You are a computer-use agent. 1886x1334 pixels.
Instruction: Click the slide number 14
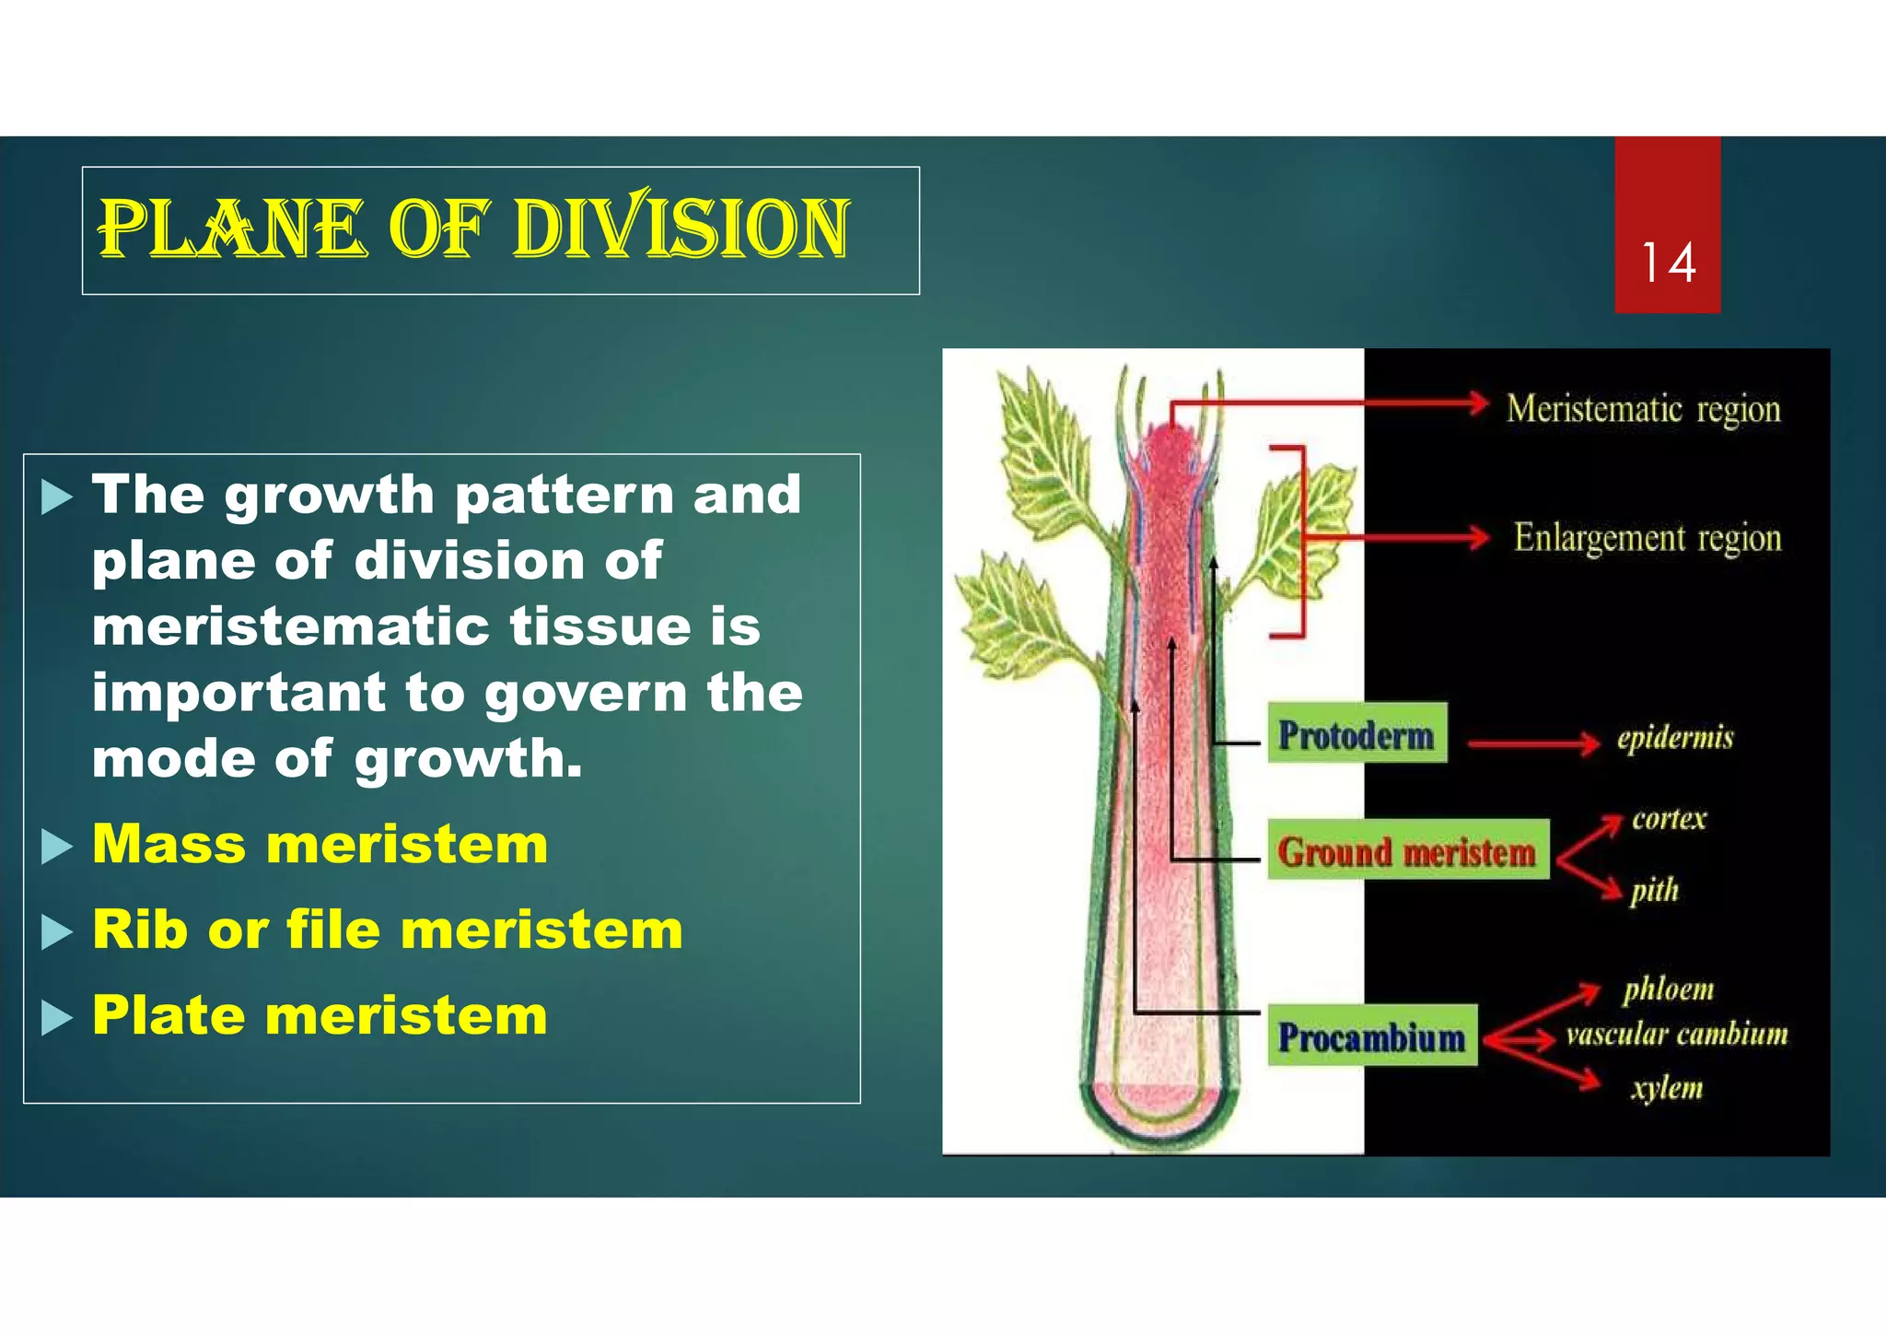(1668, 263)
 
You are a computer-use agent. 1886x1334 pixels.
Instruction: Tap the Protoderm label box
(1356, 733)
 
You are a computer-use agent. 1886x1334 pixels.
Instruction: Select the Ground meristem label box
(1407, 850)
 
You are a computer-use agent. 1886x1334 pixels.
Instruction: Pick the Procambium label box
(1372, 1036)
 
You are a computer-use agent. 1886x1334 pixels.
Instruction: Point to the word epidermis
(1675, 738)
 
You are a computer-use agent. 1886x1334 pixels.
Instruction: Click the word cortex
(1669, 818)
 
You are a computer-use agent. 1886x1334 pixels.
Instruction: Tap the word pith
(1655, 890)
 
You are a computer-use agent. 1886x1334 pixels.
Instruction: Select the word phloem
(1668, 989)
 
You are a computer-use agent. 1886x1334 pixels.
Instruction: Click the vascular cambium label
(1677, 1035)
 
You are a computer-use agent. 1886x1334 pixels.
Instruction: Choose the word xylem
(1667, 1088)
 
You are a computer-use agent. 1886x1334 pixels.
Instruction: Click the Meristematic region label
(1643, 409)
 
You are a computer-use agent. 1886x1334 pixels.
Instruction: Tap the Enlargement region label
(1647, 538)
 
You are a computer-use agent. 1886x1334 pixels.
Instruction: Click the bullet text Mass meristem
(320, 844)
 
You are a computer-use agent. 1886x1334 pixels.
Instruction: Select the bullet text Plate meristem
(320, 1015)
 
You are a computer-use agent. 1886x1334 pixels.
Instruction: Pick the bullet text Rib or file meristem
(388, 930)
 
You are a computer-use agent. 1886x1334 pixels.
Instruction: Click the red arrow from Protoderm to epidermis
(1533, 743)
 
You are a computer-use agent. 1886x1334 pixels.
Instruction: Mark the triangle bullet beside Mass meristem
(56, 846)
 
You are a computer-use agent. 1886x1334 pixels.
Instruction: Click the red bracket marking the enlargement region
(1301, 542)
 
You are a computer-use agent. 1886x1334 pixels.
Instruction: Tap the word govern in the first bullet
(585, 693)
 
